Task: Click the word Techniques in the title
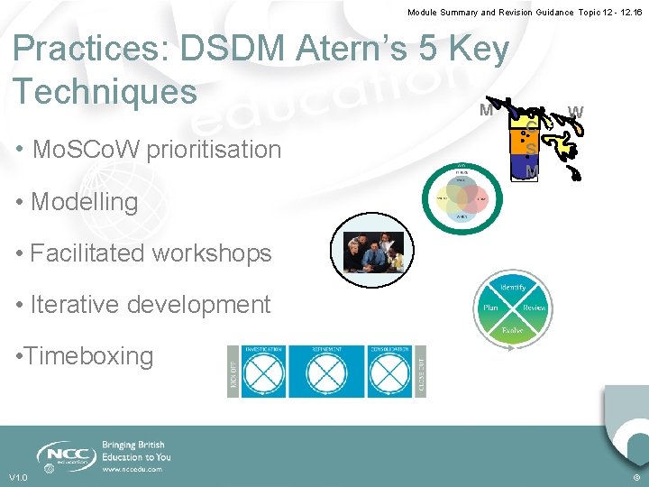(105, 91)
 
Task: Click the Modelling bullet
(84, 202)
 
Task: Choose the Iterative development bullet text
(150, 305)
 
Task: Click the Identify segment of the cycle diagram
(513, 287)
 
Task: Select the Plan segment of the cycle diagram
(491, 308)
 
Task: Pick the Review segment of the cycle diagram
(534, 308)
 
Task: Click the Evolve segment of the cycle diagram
(513, 329)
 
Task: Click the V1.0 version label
(18, 477)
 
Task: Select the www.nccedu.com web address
(133, 469)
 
